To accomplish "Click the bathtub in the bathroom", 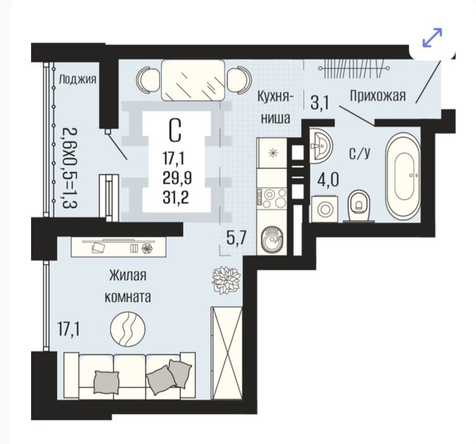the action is pos(403,177).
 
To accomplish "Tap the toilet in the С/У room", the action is pos(359,206).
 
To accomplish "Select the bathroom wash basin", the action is pos(321,146).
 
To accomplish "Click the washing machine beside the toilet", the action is pos(325,209).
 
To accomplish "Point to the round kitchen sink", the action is pos(273,238).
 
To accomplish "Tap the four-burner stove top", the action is pos(272,199).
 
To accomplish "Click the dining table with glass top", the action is pos(193,80).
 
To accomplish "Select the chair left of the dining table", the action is pos(148,81).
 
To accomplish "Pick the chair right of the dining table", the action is pos(240,81).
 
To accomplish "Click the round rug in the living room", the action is pos(127,329).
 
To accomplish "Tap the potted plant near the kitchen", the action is pos(226,280).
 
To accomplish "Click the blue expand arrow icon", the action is pos(432,37).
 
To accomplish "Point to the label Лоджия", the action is pos(77,79).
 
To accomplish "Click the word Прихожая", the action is pos(378,96).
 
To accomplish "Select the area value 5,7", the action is pos(236,237).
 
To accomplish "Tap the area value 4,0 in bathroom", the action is pos(328,180).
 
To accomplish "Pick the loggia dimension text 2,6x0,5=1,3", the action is pos(70,167).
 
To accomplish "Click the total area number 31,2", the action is pos(176,198).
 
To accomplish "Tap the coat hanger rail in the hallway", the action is pos(354,69).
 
